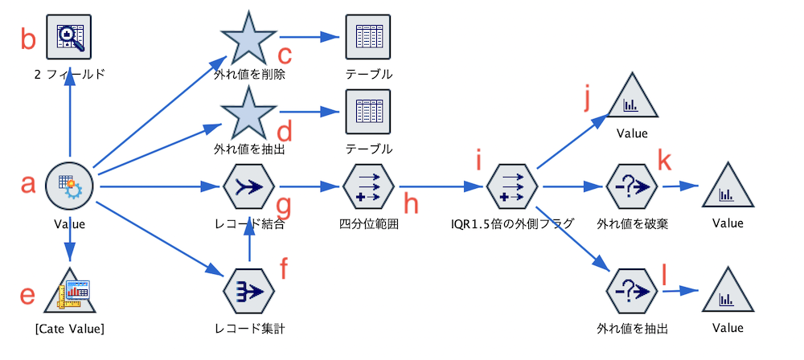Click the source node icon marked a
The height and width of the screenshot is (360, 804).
point(70,186)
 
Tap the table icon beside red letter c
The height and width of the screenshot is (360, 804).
point(368,36)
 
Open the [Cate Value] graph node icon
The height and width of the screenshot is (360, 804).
point(70,291)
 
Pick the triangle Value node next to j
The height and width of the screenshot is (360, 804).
point(631,100)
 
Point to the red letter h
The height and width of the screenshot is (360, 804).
point(411,204)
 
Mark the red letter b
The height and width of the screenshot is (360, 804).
point(29,38)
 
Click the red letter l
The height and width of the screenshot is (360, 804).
point(664,275)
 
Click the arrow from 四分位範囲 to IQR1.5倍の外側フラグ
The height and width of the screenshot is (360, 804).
point(438,187)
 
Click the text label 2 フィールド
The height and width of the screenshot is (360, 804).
point(70,75)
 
